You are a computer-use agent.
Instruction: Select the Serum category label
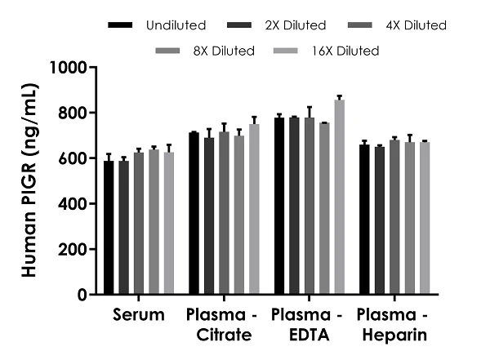click(x=139, y=315)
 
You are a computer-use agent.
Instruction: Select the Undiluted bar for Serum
click(x=109, y=228)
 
